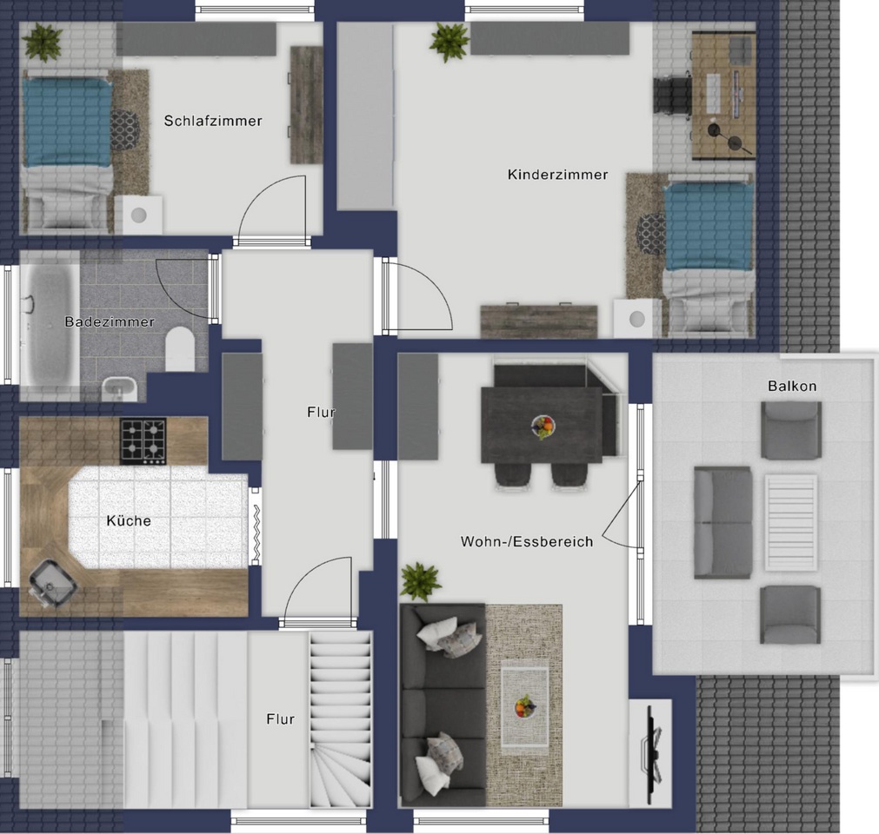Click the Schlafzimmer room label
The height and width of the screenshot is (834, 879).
213,121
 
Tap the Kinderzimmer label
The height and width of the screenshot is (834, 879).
558,175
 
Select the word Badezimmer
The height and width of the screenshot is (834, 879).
110,322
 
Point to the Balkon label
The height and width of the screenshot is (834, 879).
792,386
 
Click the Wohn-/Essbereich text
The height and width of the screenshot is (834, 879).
527,541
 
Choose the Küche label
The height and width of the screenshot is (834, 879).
129,521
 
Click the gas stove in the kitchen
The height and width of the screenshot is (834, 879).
143,441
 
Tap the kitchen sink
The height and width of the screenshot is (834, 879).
52,583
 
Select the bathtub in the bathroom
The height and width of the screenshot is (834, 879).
50,325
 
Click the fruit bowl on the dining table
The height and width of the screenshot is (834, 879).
543,427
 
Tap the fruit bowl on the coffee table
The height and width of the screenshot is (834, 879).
525,707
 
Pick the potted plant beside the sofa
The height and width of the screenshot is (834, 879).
421,582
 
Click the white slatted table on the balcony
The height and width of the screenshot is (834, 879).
791,523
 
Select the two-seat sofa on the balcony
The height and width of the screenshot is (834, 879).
723,523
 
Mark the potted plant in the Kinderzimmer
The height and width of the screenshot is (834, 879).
449,42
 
